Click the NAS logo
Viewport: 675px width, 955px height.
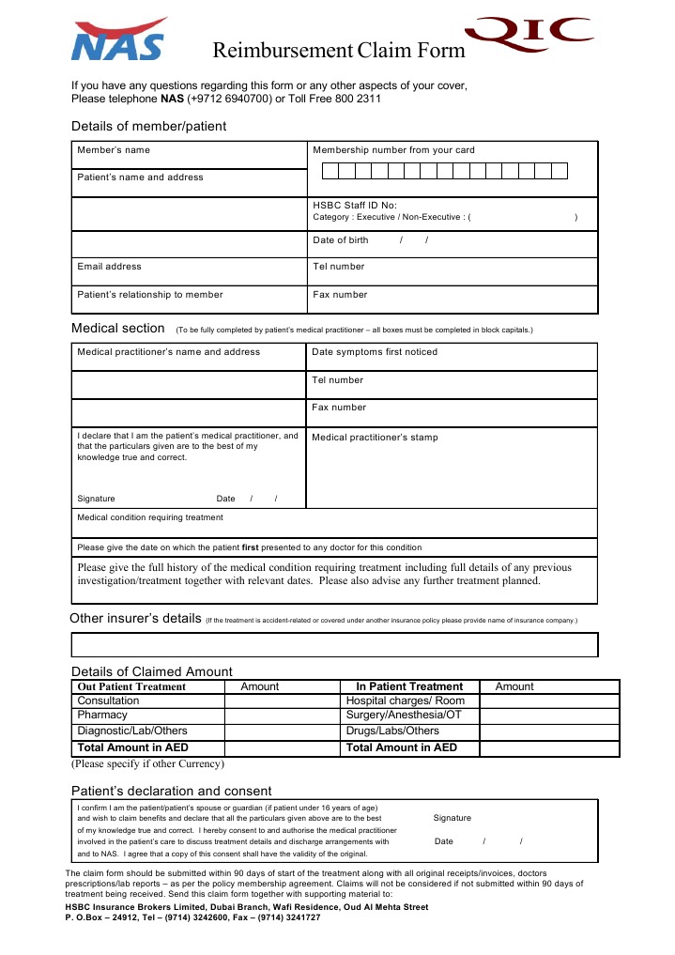point(119,39)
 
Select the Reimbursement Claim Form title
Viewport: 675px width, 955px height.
point(339,50)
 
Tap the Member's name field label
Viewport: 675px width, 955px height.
point(114,150)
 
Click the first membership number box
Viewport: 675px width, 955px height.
point(330,171)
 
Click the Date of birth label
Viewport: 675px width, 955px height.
point(341,240)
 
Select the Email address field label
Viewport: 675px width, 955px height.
point(109,267)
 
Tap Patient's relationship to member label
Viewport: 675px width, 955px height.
point(150,295)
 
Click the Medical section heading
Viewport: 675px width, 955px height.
point(118,329)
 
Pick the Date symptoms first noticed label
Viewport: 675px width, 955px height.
point(375,352)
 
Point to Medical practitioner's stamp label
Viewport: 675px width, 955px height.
point(375,438)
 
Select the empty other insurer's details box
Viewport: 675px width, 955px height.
point(335,645)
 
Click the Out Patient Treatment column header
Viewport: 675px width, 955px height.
point(131,686)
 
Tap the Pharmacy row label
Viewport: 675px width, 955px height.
point(102,716)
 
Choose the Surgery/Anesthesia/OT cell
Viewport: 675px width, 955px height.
point(404,716)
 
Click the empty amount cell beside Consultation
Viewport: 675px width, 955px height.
point(281,701)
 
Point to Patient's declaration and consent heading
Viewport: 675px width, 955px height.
point(172,791)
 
